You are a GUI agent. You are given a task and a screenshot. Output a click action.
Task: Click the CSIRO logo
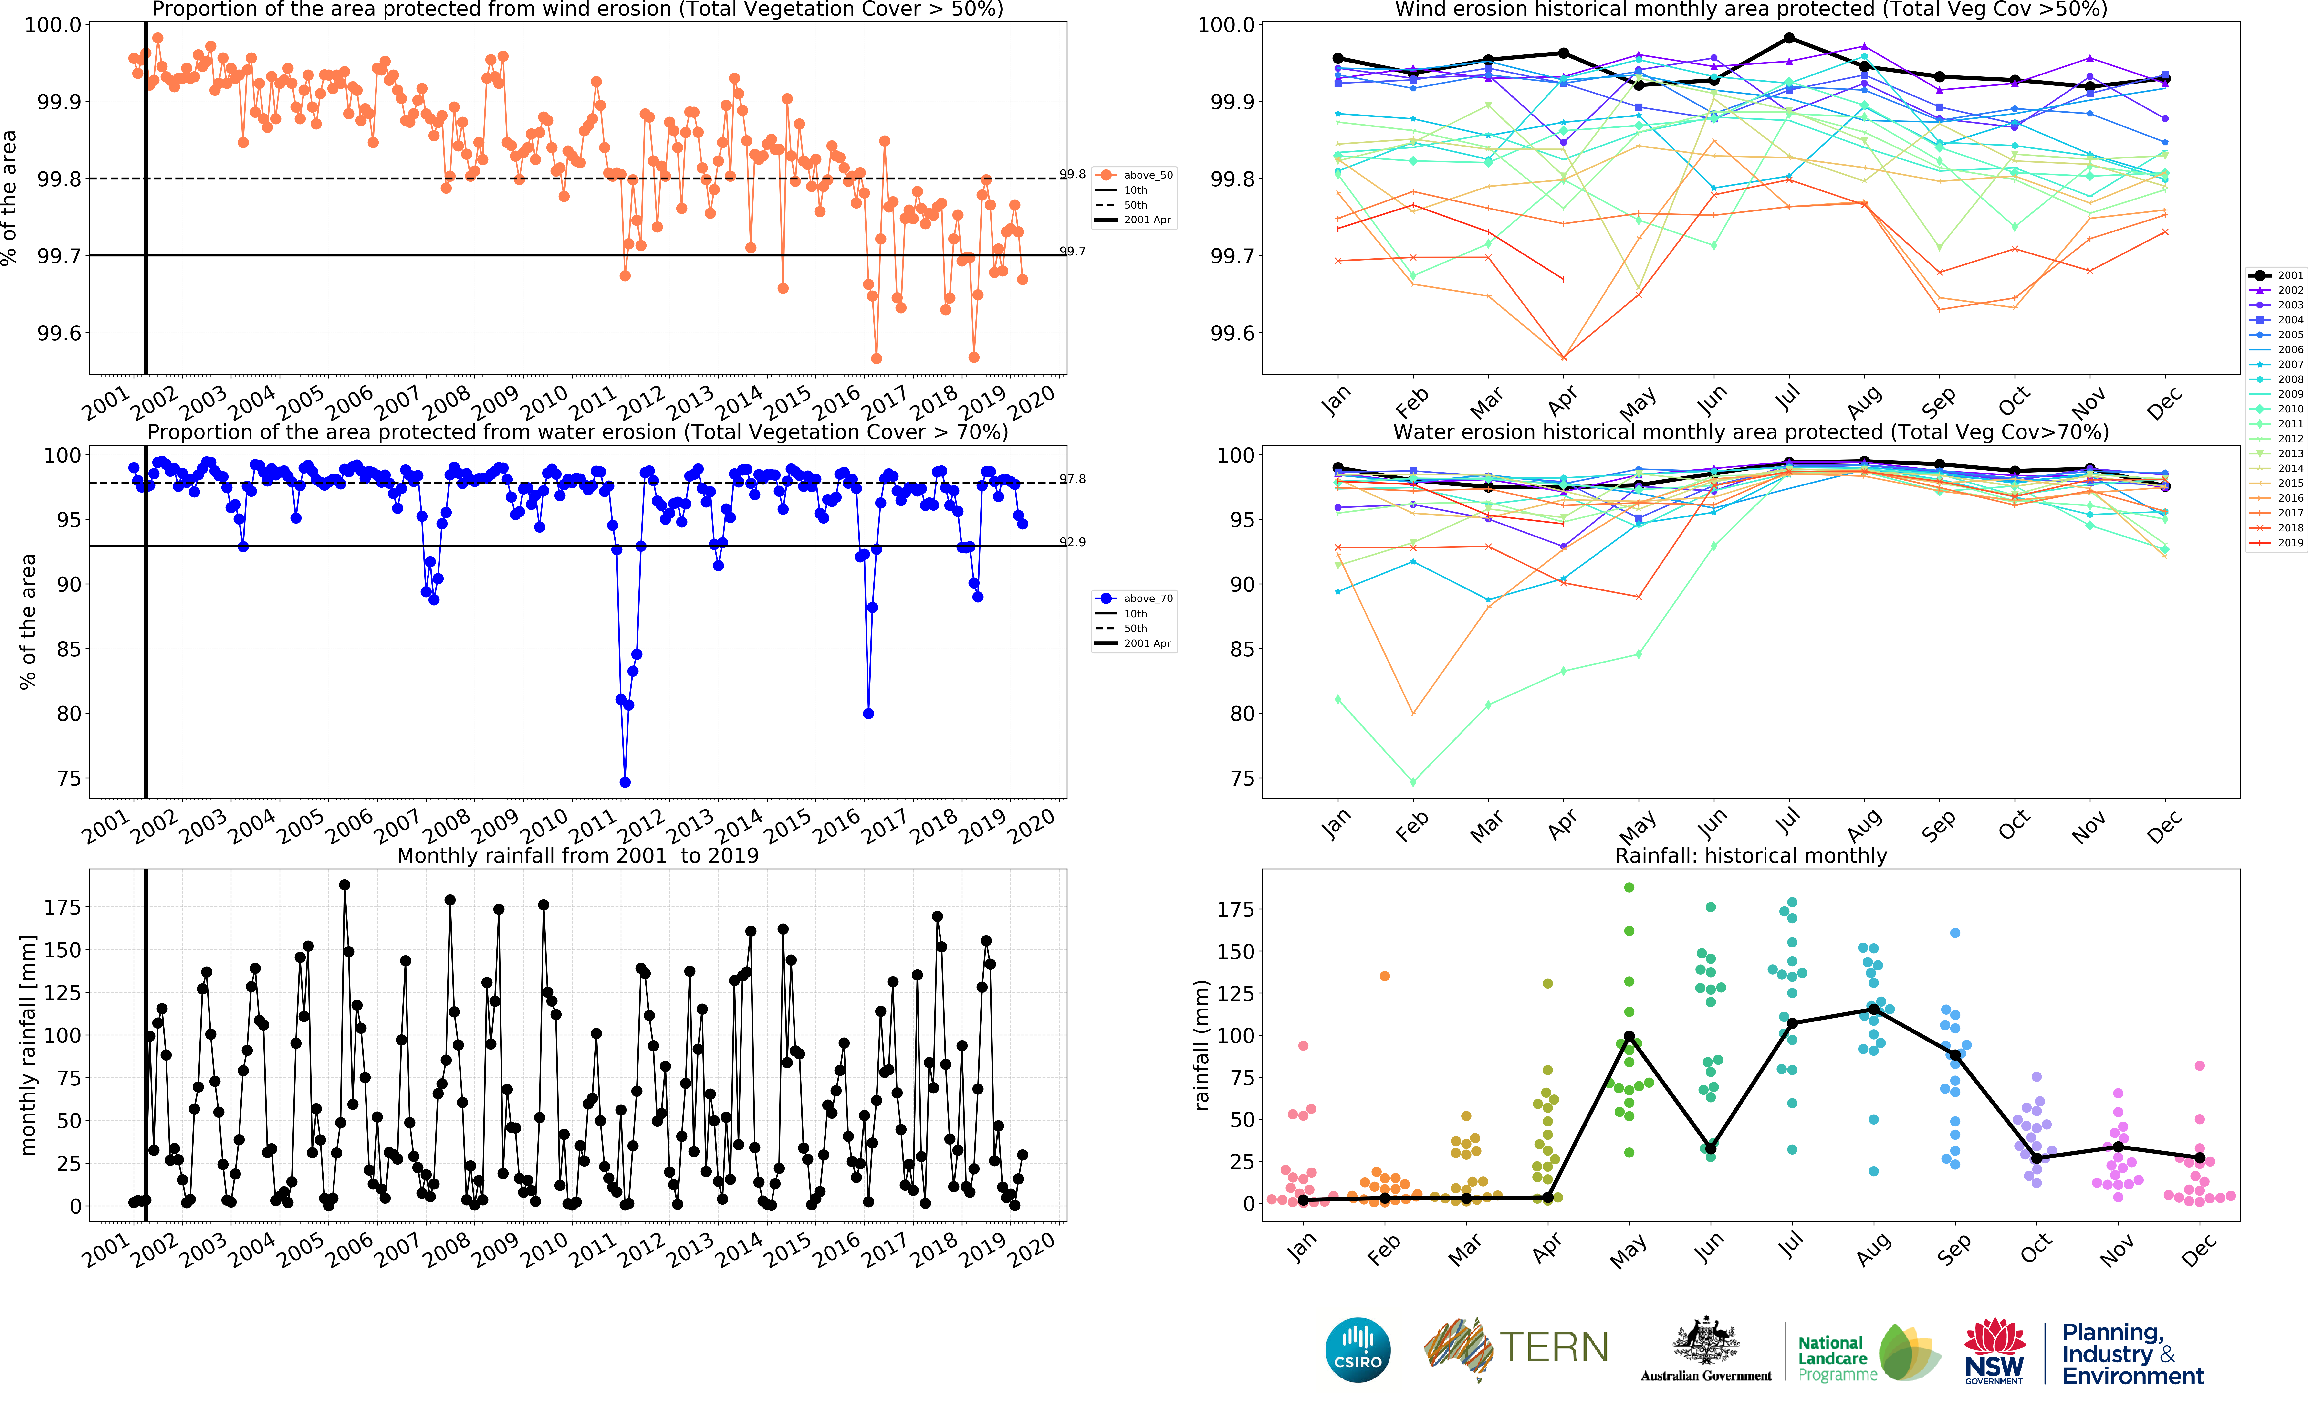tap(1357, 1350)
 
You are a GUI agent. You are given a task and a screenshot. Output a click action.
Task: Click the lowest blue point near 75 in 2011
tap(625, 782)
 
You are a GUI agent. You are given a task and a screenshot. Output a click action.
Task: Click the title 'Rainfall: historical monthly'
tap(1751, 855)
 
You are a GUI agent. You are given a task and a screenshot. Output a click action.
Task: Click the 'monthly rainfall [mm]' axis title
tap(28, 1045)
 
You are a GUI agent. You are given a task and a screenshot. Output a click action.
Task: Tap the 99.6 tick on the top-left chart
tap(58, 334)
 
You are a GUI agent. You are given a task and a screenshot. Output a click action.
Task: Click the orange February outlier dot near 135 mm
tap(1384, 976)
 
